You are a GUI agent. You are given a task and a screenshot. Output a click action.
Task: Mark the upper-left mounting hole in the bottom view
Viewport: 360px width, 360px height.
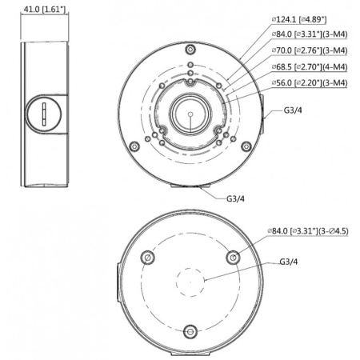pyautogui.click(x=146, y=258)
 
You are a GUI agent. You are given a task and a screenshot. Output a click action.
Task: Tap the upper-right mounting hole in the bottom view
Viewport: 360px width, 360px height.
pyautogui.click(x=233, y=258)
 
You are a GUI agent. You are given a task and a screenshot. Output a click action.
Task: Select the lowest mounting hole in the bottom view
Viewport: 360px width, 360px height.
pyautogui.click(x=190, y=333)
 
